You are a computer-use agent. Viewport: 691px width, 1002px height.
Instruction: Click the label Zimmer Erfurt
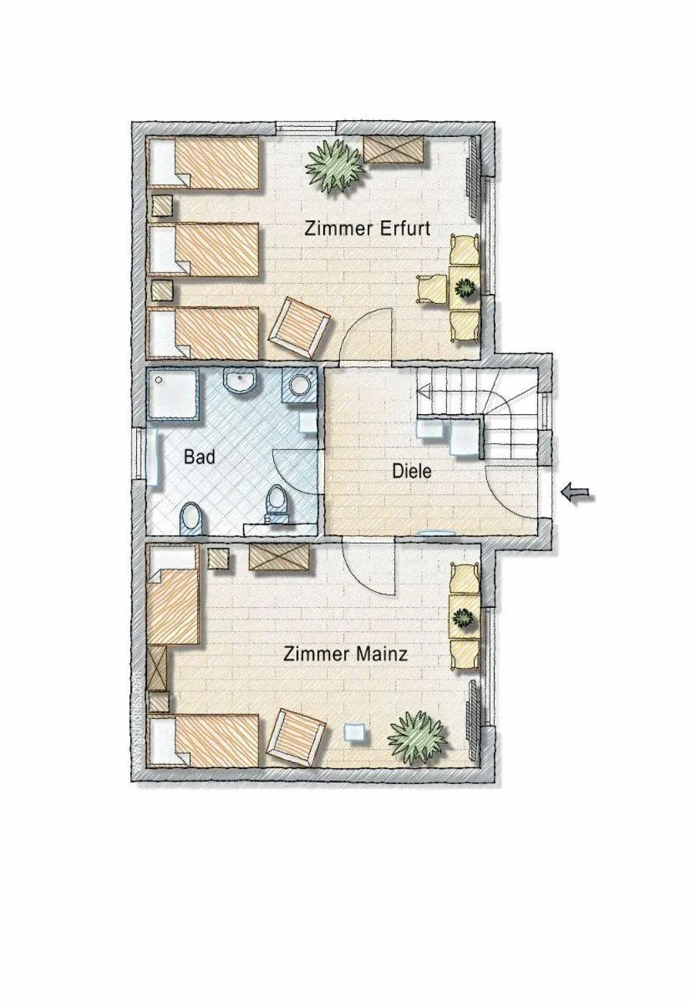pos(367,228)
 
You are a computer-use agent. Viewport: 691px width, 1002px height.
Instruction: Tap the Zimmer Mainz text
pos(345,654)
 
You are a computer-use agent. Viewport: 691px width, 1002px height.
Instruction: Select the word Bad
pos(200,457)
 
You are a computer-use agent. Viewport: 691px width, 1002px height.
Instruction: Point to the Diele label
pos(412,471)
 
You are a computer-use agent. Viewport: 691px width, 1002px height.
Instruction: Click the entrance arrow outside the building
pos(577,493)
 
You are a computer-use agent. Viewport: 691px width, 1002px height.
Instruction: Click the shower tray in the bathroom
pos(174,395)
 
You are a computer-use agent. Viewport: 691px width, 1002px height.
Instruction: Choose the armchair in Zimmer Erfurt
pos(299,328)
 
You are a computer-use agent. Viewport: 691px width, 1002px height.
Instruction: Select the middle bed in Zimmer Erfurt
pos(205,248)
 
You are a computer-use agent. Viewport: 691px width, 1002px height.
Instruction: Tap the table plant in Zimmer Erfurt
pos(464,288)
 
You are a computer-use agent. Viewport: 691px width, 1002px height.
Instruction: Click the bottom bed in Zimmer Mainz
pos(205,739)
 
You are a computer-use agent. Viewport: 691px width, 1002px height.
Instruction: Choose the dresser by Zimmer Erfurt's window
pos(393,150)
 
